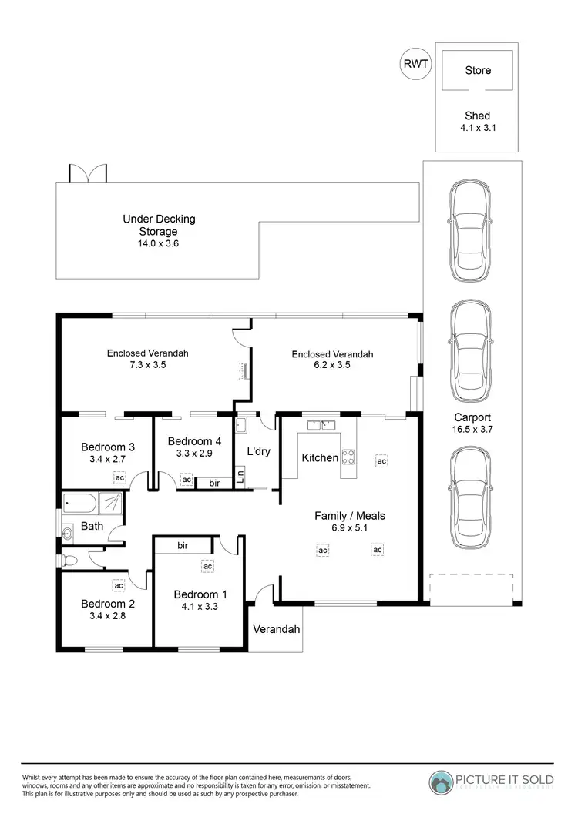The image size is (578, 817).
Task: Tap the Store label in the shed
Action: [x=478, y=70]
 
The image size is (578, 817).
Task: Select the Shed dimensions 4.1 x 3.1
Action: [x=478, y=129]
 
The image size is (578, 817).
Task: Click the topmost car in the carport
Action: [x=469, y=231]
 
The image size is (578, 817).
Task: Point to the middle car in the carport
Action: [x=469, y=351]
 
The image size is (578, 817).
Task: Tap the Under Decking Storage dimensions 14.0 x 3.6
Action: [x=159, y=243]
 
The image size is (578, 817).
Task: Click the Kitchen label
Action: [x=320, y=457]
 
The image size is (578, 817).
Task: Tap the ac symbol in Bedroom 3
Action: [x=119, y=477]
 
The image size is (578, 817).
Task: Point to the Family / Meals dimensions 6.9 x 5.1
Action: [x=349, y=529]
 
